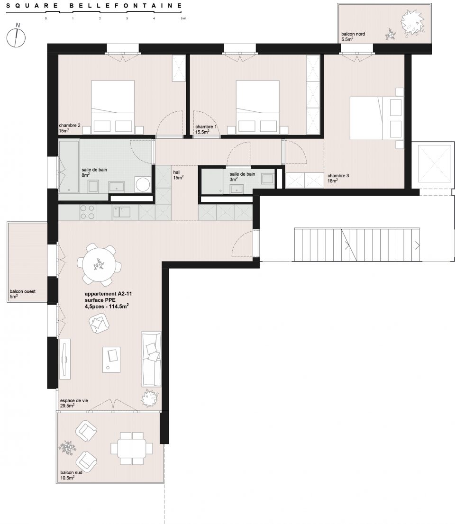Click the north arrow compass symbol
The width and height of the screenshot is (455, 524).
pyautogui.click(x=16, y=37)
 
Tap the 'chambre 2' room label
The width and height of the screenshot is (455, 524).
pyautogui.click(x=70, y=126)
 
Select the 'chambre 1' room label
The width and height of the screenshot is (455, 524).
pyautogui.click(x=206, y=127)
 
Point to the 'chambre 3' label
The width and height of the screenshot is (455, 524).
pyautogui.click(x=338, y=176)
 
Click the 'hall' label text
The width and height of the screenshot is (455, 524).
pyautogui.click(x=177, y=172)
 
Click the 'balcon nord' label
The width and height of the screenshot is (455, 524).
pyautogui.click(x=353, y=34)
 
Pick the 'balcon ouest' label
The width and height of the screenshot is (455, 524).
pyautogui.click(x=22, y=291)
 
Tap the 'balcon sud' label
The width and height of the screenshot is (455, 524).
pyautogui.click(x=71, y=472)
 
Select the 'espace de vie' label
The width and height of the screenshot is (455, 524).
pyautogui.click(x=74, y=401)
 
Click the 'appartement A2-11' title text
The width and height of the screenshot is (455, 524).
pyautogui.click(x=109, y=294)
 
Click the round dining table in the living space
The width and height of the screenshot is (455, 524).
pyautogui.click(x=99, y=265)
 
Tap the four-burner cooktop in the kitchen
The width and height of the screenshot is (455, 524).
pyautogui.click(x=88, y=212)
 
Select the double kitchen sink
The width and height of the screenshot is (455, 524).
pyautogui.click(x=121, y=212)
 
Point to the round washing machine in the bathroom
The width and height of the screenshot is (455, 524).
pyautogui.click(x=143, y=185)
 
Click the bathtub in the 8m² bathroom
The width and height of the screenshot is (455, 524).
pyautogui.click(x=69, y=166)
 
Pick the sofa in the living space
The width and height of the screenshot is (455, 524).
pyautogui.click(x=152, y=359)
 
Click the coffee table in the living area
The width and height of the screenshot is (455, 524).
pyautogui.click(x=111, y=360)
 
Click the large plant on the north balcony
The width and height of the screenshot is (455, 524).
pyautogui.click(x=412, y=22)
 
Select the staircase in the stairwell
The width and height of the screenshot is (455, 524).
pyautogui.click(x=357, y=244)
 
